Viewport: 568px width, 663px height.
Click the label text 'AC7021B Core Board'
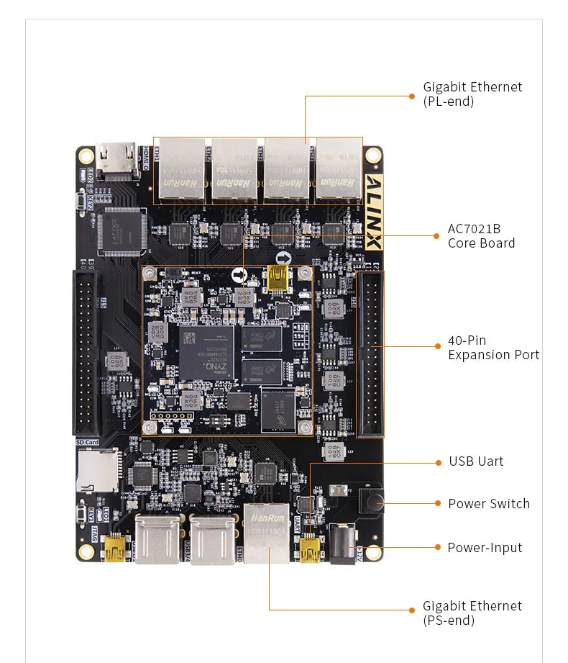click(x=481, y=236)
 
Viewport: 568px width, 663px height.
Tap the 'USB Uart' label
click(x=476, y=461)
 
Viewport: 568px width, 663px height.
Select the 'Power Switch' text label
click(x=488, y=504)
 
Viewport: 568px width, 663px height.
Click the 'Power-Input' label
click(x=485, y=548)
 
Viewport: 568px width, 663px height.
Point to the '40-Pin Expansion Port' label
click(x=493, y=347)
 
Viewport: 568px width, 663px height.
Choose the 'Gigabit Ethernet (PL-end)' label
click(x=472, y=94)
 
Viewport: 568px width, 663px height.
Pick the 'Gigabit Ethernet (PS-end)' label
click(x=472, y=613)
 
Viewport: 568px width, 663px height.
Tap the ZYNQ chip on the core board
click(x=207, y=353)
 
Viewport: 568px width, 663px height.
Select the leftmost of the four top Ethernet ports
click(x=183, y=171)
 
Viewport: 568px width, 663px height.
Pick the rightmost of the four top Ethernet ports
click(x=338, y=171)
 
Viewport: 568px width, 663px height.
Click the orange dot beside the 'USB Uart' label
click(x=437, y=461)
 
